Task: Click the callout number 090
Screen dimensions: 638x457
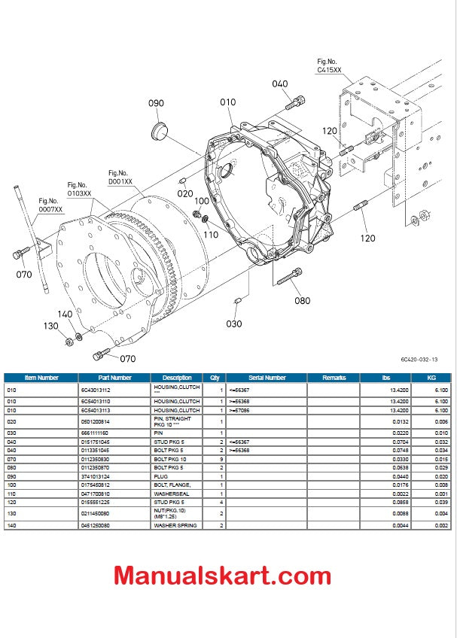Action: (x=156, y=103)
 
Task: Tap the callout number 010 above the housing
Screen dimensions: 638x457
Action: (x=227, y=102)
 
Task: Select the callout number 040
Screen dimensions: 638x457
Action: (x=279, y=84)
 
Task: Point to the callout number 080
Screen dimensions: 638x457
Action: (x=302, y=301)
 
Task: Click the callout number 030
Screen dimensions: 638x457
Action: (x=234, y=324)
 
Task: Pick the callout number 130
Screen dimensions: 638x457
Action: (x=50, y=326)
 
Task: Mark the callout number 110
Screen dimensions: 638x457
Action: (x=209, y=235)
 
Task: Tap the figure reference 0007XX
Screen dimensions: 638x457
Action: (x=48, y=205)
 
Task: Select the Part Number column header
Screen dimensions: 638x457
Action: (x=114, y=378)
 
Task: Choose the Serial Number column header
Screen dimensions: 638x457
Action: (x=267, y=378)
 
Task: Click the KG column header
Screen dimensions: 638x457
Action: (x=431, y=378)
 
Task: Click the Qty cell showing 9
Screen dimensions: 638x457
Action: (x=221, y=458)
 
